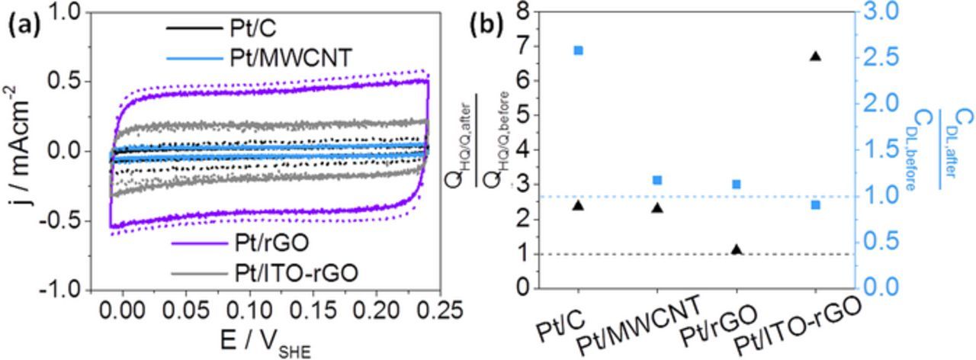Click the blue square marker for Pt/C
pyautogui.click(x=578, y=50)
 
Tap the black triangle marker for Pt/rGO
pyautogui.click(x=737, y=249)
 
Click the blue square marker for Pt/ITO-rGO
pyautogui.click(x=815, y=204)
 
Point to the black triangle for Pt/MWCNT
pyautogui.click(x=657, y=207)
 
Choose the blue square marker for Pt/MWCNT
pyautogui.click(x=657, y=180)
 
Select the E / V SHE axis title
pyautogui.click(x=258, y=343)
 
